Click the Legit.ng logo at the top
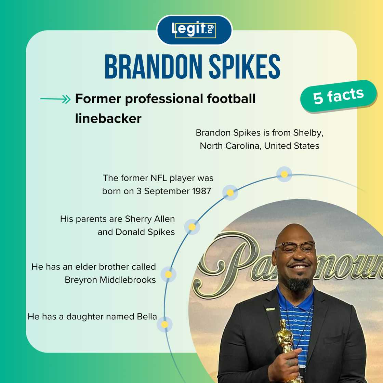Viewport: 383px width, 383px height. [x=194, y=30]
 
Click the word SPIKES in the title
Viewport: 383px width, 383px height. [x=245, y=67]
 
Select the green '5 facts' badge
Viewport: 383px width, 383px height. [x=338, y=96]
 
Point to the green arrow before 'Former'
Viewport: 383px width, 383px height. [x=55, y=100]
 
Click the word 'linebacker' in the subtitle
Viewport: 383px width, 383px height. [x=108, y=118]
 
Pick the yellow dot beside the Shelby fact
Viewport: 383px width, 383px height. [x=284, y=174]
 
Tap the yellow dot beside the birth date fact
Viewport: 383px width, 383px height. [x=230, y=193]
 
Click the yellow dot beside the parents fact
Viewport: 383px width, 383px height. [x=192, y=227]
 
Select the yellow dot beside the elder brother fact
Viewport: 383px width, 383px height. [x=168, y=274]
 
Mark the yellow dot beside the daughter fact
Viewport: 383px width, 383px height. [x=164, y=324]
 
